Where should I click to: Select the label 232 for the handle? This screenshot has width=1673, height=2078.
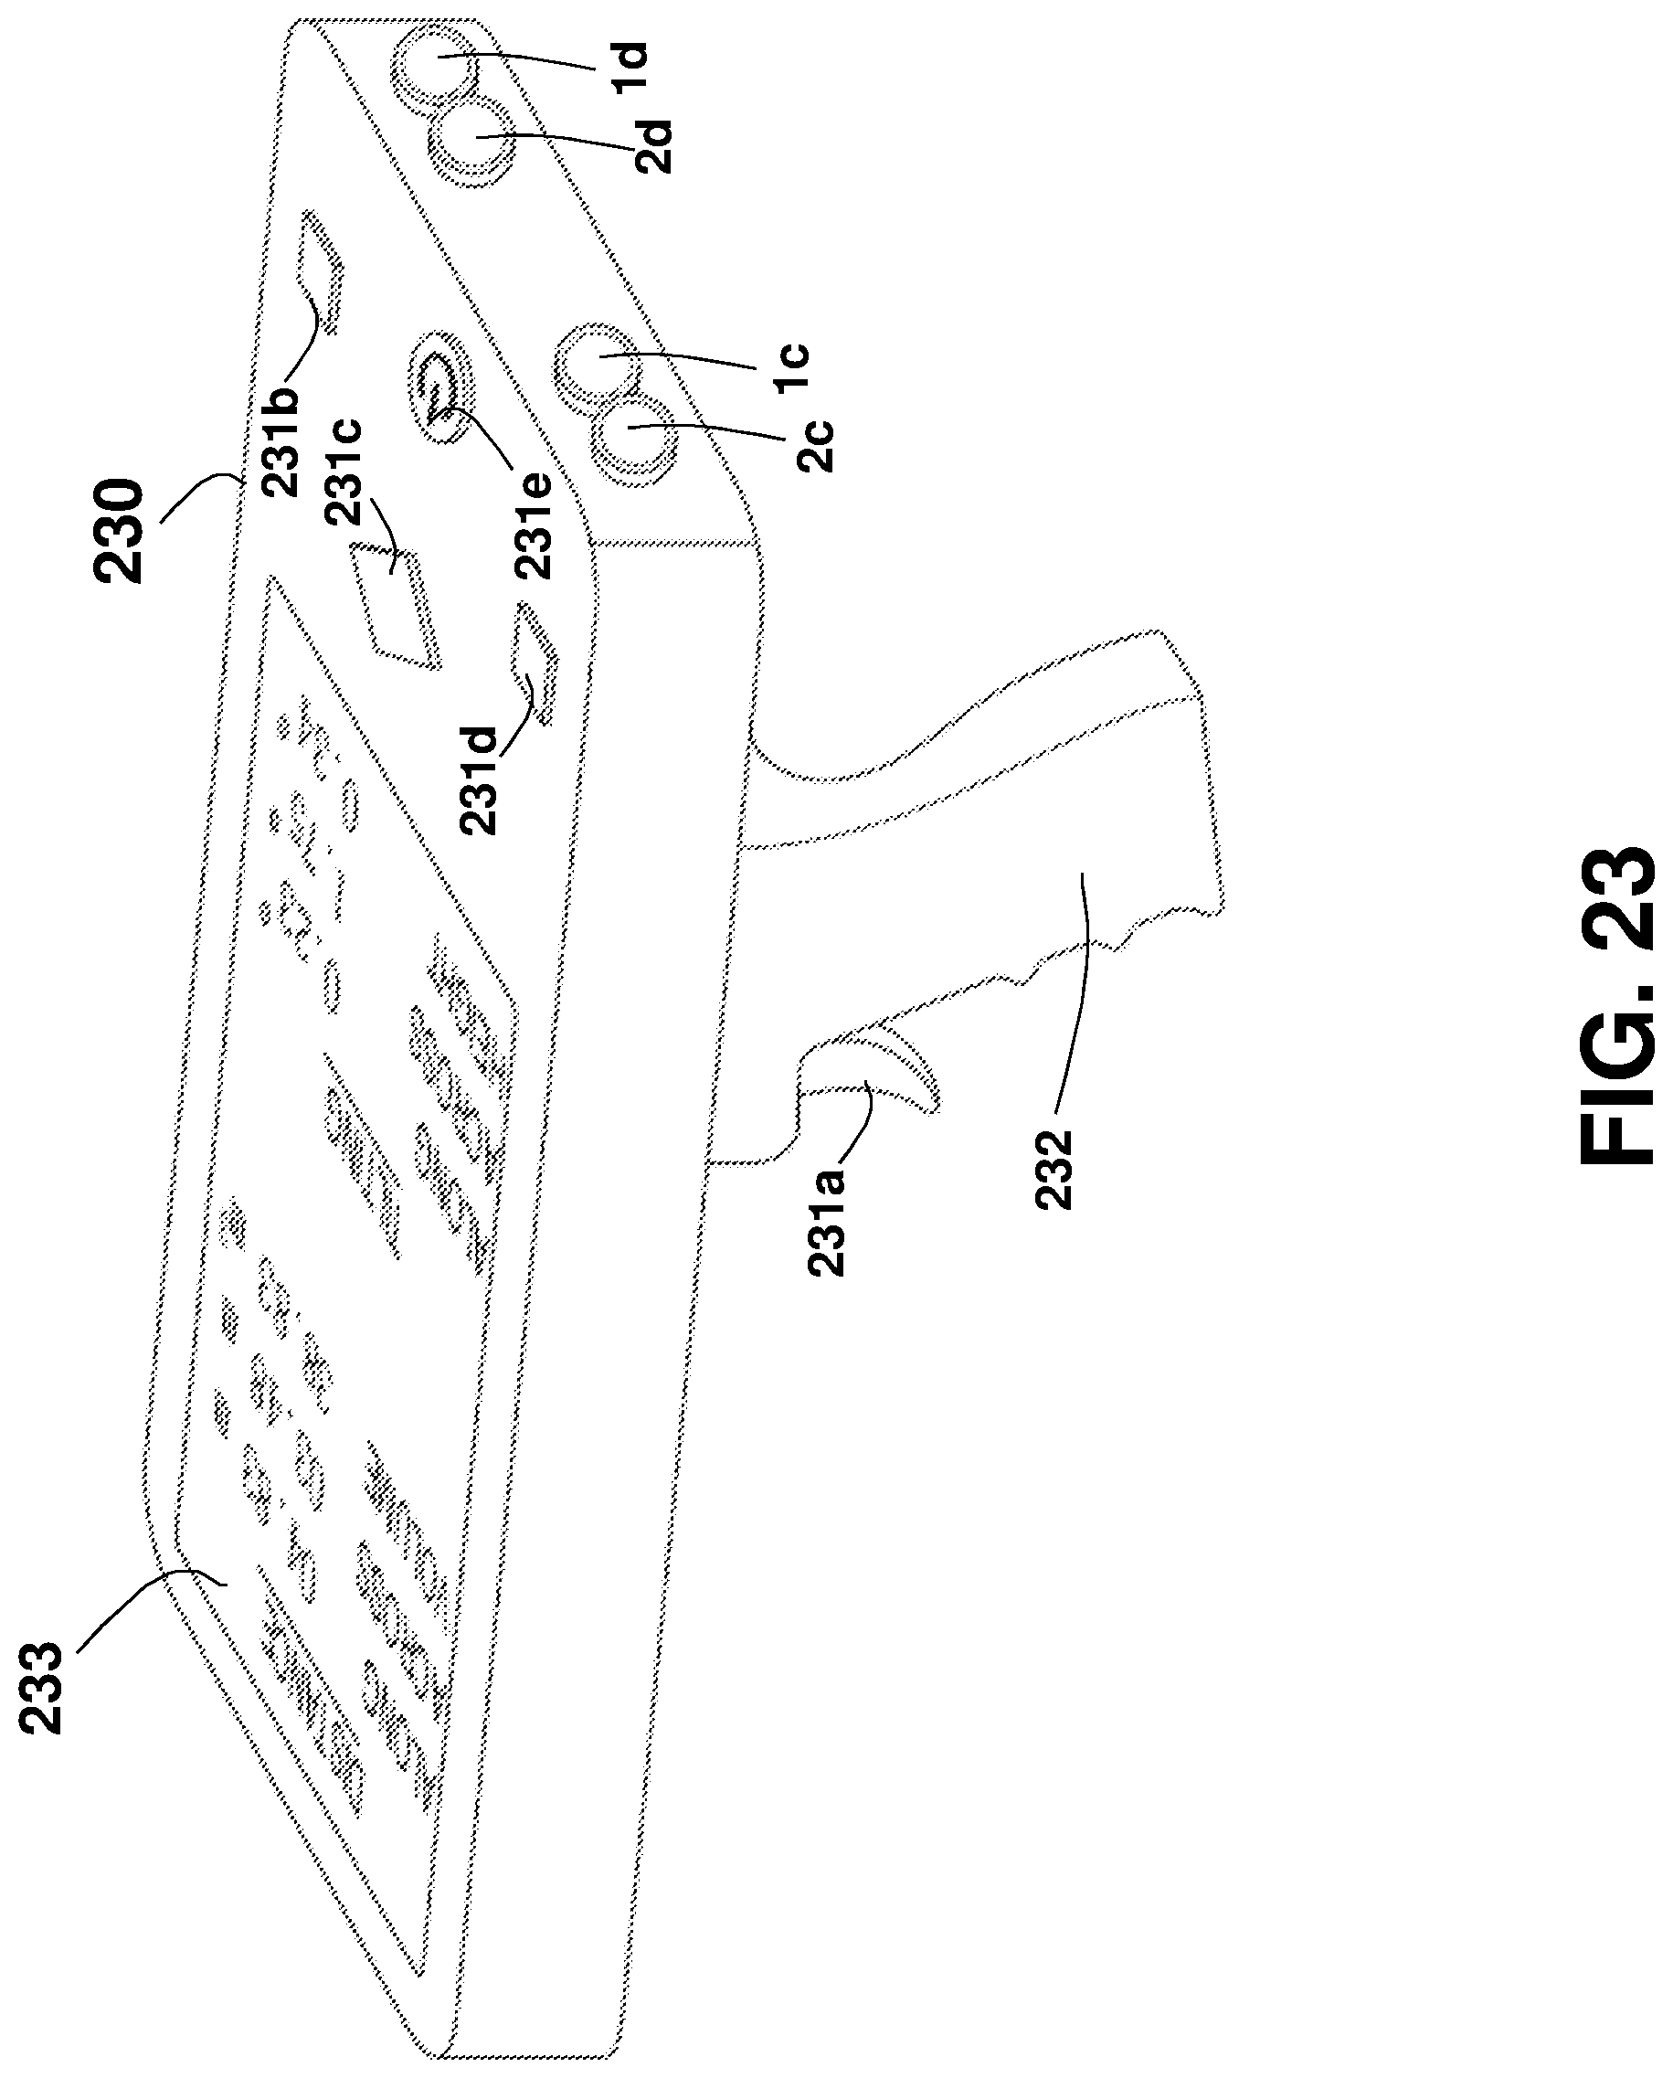pyautogui.click(x=1054, y=1170)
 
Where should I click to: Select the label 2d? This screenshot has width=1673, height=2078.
pyautogui.click(x=652, y=146)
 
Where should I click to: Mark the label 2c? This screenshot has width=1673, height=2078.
pyautogui.click(x=815, y=443)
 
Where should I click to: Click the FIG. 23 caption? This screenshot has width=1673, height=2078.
pyautogui.click(x=1619, y=1006)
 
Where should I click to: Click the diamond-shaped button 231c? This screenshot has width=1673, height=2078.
pyautogui.click(x=395, y=605)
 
